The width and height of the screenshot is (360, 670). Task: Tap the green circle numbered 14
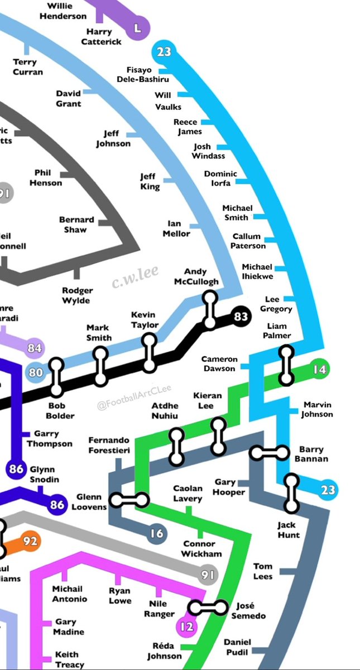319,370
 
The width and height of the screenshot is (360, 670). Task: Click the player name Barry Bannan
313,454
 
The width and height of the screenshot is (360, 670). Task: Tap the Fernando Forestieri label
109,446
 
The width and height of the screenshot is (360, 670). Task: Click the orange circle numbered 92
30,540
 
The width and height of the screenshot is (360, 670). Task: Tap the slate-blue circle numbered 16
157,534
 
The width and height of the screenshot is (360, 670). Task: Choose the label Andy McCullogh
196,276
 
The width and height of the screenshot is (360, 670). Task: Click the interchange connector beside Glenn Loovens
129,500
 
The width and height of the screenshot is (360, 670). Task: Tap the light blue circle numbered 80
35,372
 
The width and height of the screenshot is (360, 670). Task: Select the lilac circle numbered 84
35,348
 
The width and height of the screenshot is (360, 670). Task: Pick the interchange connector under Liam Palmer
286,365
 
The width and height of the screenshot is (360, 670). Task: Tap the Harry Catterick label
101,37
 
